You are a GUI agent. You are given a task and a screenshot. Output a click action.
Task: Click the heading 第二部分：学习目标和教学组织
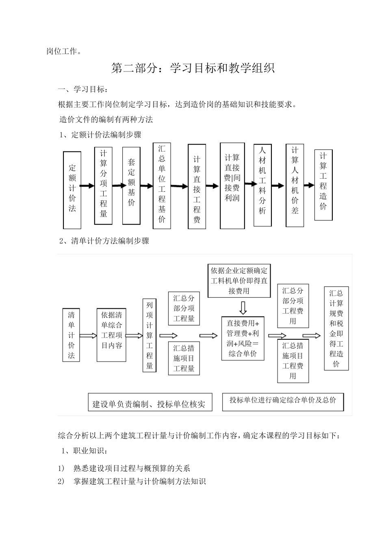193,68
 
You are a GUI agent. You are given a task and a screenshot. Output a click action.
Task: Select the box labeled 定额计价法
72,190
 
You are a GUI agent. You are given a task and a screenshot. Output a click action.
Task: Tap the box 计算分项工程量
103,185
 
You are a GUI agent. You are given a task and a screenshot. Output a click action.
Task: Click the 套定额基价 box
131,185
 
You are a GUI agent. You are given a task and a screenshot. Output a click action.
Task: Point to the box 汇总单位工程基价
162,185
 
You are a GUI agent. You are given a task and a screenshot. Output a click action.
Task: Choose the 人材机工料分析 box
262,185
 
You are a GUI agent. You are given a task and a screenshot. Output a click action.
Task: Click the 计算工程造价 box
323,185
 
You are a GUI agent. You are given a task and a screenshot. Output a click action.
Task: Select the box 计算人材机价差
295,185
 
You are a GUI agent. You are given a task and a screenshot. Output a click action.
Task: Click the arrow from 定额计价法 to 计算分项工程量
87,186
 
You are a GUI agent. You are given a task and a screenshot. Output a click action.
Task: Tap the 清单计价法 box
72,335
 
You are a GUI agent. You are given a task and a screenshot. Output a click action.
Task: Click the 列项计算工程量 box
150,335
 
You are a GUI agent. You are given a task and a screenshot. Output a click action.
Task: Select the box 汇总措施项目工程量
184,358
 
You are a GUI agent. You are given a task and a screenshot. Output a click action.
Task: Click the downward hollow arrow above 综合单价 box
243,308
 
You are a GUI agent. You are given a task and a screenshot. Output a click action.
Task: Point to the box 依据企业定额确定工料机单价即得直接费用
239,281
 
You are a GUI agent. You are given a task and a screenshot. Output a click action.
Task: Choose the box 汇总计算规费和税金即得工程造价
336,328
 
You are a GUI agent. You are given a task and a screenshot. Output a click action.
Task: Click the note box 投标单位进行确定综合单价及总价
283,401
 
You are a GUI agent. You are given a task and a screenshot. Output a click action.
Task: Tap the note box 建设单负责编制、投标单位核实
150,403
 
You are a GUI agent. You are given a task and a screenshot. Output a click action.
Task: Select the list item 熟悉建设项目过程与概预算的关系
132,468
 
